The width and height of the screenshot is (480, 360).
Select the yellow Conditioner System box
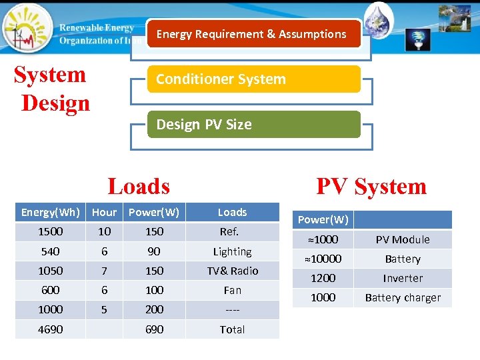click(253, 79)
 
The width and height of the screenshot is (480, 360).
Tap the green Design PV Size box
click(253, 125)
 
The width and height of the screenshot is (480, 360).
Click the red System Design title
click(52, 89)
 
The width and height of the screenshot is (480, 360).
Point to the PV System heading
click(371, 186)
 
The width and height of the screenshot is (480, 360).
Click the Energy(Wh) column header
click(51, 212)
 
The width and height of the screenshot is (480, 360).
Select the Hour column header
click(104, 212)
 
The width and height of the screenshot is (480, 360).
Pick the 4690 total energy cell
click(51, 329)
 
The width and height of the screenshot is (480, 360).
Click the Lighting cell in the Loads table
click(232, 251)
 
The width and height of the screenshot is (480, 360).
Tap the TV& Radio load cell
click(232, 271)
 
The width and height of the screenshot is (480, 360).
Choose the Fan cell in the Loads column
click(232, 290)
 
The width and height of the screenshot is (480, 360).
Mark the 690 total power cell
click(154, 329)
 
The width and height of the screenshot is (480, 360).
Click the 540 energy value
click(51, 251)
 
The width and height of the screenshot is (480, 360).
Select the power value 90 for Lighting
click(154, 251)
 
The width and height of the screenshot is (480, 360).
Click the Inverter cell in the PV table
click(403, 278)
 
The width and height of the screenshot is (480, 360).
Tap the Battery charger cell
click(403, 297)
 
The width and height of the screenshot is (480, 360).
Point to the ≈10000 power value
click(323, 259)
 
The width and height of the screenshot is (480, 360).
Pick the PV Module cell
click(403, 239)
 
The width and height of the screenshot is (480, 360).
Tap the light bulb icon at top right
click(418, 39)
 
